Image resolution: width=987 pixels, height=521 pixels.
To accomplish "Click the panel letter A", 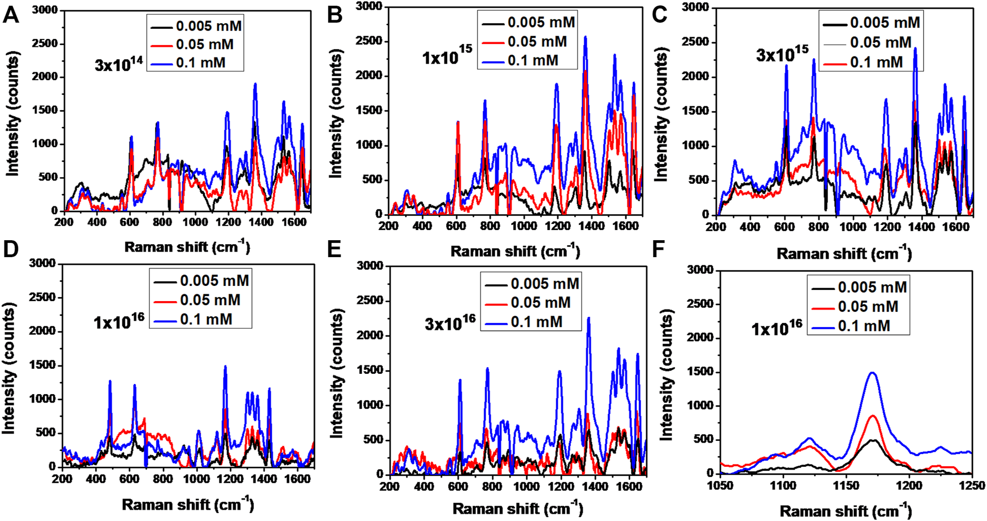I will pos(11,15).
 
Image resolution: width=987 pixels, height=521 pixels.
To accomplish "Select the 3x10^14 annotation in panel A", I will pos(118,63).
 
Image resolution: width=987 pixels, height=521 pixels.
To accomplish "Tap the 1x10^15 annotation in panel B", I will pos(447,56).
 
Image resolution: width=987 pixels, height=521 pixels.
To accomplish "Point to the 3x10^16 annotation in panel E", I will pos(450,323).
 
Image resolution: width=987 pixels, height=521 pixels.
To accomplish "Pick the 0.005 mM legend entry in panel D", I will pos(214,281).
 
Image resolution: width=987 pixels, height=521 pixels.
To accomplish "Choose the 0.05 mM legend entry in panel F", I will pos(867,307).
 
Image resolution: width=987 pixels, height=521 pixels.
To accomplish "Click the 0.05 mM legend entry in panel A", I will pos(204,45).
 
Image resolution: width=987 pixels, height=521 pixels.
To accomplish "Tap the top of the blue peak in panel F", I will pos(873,372).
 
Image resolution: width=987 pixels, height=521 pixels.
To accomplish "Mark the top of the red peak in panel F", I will pos(873,416).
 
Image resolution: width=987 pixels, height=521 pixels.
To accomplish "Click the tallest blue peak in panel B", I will pos(585,37).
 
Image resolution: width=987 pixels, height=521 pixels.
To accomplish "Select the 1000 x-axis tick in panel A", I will pos(195,222).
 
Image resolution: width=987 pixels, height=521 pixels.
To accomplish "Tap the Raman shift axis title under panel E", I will pos(517,509).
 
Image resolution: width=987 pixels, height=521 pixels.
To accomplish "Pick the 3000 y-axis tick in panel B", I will pos(370,6).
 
